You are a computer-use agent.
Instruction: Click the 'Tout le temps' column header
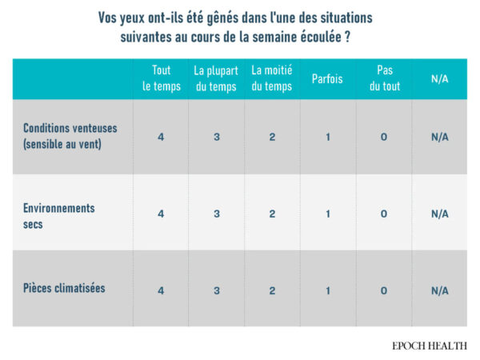[x=161, y=78]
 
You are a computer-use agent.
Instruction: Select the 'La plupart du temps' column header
[x=216, y=78]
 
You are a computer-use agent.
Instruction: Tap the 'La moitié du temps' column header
[x=272, y=78]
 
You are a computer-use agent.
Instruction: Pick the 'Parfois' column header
[x=328, y=78]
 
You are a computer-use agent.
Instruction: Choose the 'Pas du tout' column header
[x=384, y=78]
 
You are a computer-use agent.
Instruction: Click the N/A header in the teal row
[x=439, y=78]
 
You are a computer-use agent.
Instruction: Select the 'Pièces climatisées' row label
[x=65, y=288]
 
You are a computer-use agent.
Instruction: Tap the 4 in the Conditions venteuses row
[x=161, y=137]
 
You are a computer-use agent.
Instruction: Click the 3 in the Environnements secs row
[x=216, y=214]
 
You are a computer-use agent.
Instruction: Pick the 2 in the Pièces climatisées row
[x=272, y=290]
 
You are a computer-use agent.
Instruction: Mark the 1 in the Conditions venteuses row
[x=328, y=137]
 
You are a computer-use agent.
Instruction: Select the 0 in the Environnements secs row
[x=384, y=214]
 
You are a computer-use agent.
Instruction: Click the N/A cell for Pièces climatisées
[x=439, y=290]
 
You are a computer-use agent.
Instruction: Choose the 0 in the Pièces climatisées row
[x=384, y=290]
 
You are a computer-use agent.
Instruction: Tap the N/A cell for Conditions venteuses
[x=439, y=137]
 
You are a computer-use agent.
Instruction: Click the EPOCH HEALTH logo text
[x=430, y=346]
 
